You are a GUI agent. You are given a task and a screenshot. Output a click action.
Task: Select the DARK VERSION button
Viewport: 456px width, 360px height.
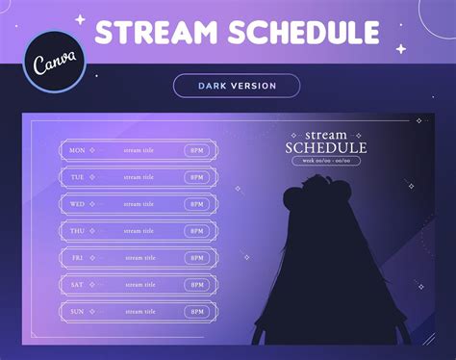coord(237,86)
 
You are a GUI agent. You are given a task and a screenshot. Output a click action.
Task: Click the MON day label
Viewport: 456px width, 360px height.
coord(78,150)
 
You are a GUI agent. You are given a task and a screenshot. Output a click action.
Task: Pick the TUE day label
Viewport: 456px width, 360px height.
coord(78,177)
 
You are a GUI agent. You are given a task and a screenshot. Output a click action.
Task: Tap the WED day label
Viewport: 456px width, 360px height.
coord(78,204)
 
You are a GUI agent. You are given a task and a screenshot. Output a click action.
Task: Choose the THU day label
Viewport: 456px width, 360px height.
coord(78,231)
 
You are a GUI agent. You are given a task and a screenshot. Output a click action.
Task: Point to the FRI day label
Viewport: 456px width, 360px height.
coord(78,258)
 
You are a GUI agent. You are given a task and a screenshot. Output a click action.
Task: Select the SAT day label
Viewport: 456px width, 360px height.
coord(78,285)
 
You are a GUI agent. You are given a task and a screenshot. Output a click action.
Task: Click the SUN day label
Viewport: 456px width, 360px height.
coord(78,312)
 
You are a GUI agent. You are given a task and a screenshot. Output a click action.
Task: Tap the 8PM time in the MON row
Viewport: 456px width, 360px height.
coord(197,150)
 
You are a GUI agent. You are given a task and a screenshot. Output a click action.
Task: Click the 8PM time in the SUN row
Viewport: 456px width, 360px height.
coord(197,312)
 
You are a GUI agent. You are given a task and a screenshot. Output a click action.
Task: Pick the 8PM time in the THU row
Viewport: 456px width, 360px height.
coord(197,231)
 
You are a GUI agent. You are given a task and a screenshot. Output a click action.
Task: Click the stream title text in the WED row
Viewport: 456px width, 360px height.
coord(139,204)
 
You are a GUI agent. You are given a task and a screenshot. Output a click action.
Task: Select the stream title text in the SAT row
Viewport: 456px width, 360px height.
coord(139,285)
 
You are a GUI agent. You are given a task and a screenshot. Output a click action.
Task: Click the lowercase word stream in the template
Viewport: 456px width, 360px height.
coord(325,134)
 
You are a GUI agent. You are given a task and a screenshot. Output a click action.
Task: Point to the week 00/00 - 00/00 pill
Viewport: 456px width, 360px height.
coord(325,161)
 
